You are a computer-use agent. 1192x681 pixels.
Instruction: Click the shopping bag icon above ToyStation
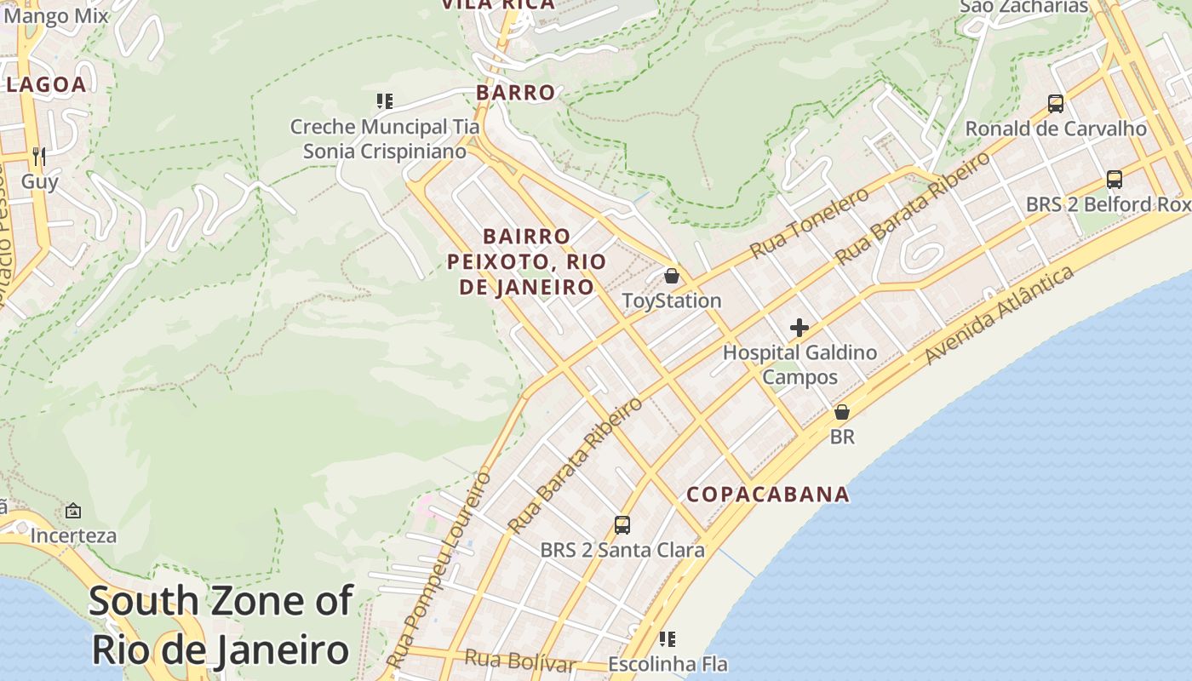[x=672, y=276]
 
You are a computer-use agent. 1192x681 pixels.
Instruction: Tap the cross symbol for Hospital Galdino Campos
[x=799, y=327]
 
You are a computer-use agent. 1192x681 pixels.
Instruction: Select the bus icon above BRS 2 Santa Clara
[x=622, y=524]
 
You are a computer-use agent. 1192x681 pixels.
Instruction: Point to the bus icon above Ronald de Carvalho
[x=1056, y=104]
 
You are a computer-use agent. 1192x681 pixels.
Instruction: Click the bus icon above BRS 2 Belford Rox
[x=1115, y=180]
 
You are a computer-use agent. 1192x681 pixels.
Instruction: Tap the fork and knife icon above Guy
[x=38, y=156]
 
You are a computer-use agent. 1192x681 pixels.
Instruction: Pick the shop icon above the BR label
[x=842, y=412]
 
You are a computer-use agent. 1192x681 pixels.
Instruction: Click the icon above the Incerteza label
[x=73, y=511]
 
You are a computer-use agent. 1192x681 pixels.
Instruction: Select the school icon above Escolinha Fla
[x=668, y=638]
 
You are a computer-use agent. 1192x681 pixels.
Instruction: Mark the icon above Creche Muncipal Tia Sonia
[x=385, y=101]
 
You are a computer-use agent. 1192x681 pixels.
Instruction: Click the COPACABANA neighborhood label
[x=768, y=494]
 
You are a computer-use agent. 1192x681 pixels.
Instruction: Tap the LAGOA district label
[x=46, y=84]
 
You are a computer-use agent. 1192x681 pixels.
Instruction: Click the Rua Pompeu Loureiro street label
[x=439, y=569]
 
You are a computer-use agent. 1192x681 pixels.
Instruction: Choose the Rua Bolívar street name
[x=520, y=660]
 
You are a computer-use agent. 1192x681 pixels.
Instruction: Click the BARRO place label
[x=515, y=92]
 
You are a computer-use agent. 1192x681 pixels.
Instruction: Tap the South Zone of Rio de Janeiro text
[x=220, y=626]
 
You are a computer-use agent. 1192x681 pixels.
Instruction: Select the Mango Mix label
[x=56, y=15]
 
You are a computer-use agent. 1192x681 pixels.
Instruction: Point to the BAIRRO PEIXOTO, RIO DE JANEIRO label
[x=526, y=261]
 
